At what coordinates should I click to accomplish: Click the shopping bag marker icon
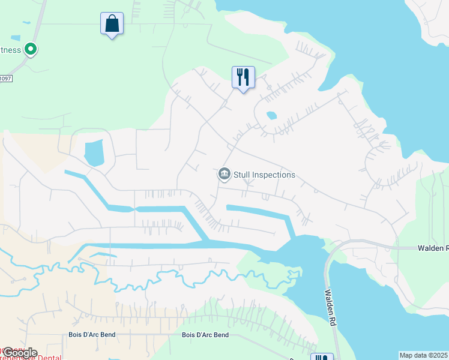[x=112, y=24]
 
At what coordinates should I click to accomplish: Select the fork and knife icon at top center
[x=243, y=77]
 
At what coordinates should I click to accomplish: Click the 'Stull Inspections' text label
[x=265, y=175]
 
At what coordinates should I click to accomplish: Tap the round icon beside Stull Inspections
[x=224, y=175]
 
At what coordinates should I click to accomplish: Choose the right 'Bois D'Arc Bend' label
[x=205, y=335]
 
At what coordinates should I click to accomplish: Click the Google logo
[x=19, y=353]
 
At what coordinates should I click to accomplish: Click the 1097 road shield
[x=5, y=78]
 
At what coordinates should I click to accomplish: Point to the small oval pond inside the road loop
[x=271, y=115]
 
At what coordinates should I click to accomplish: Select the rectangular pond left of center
[x=94, y=152]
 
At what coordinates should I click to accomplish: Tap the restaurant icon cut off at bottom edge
[x=322, y=357]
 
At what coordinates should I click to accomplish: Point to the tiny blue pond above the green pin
[x=25, y=23]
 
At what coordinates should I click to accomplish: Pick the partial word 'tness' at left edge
[x=10, y=50]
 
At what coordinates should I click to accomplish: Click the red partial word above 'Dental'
[x=12, y=349]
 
